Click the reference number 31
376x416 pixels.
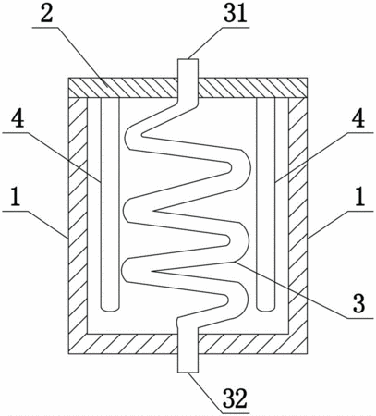tap(236, 13)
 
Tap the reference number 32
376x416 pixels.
tap(235, 398)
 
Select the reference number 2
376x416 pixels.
tap(46, 13)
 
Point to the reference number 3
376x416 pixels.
tap(358, 303)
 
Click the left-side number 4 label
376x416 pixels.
tap(18, 118)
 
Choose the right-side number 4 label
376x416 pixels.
tap(358, 118)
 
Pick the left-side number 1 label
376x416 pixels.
tap(15, 197)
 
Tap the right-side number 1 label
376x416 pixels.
tap(359, 197)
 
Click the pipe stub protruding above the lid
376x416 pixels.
tap(188, 68)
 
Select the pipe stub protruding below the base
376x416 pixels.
tap(188, 362)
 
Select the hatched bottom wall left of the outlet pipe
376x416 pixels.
tap(123, 343)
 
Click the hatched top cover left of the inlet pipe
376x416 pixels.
tap(123, 88)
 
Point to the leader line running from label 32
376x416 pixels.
tap(205, 393)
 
